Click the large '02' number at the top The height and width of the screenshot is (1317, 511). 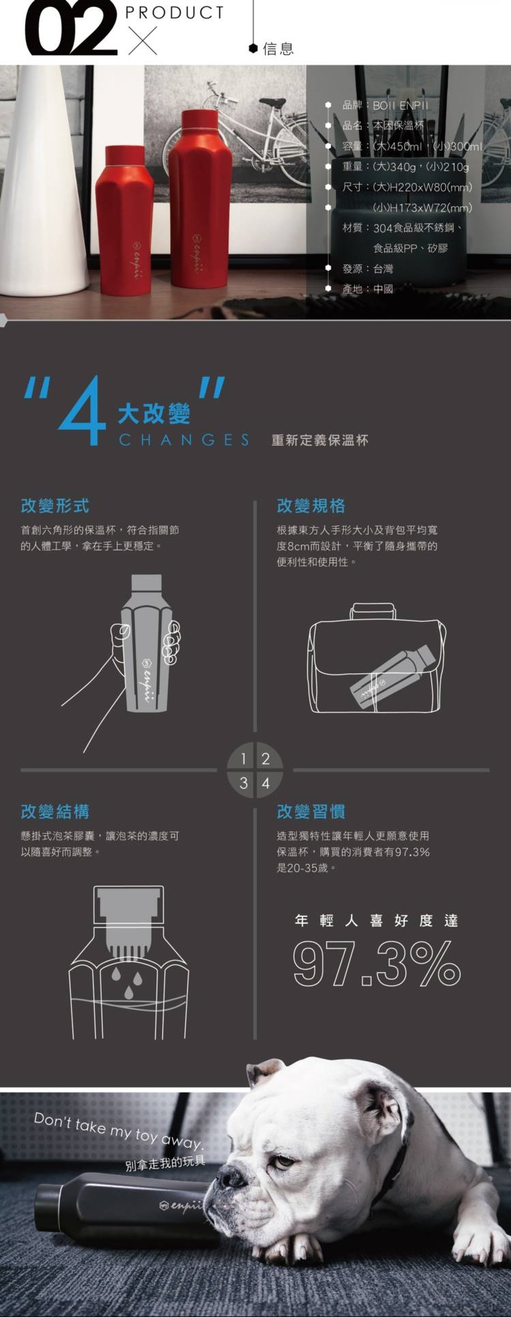69,28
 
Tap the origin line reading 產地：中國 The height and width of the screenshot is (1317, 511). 367,289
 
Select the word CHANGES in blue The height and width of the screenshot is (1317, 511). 184,439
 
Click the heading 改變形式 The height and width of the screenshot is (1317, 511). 55,506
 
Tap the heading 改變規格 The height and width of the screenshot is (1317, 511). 311,506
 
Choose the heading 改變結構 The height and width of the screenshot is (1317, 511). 55,811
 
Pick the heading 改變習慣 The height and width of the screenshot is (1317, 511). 311,811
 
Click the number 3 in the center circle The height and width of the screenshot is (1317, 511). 243,784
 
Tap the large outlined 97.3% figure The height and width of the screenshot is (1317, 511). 377,963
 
